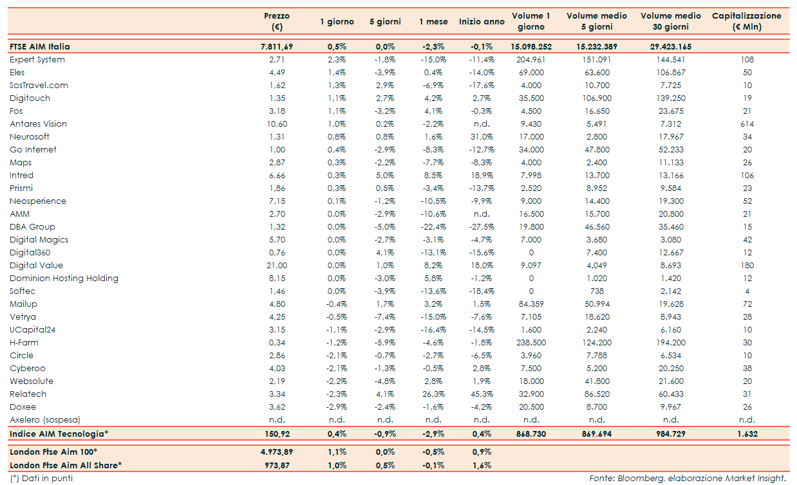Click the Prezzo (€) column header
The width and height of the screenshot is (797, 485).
277,21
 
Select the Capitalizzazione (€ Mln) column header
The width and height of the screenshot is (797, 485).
746,21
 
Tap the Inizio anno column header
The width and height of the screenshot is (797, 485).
482,22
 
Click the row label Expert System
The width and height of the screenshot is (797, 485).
37,60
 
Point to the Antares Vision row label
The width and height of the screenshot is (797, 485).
39,124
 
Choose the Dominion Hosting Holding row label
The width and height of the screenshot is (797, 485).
64,279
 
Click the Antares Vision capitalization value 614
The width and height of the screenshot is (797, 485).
747,124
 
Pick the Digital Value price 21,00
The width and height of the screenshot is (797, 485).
277,266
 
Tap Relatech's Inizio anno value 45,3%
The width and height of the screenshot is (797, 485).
482,394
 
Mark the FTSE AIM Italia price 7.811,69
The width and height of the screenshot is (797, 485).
277,47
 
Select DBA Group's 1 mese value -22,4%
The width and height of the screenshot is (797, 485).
433,227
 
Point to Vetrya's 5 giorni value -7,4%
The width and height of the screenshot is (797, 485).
385,317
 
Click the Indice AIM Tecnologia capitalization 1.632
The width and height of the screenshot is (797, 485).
747,434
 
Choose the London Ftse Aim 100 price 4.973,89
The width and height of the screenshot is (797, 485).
277,452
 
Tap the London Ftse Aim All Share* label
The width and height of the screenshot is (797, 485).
66,465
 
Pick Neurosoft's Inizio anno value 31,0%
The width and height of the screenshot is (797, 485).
482,137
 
